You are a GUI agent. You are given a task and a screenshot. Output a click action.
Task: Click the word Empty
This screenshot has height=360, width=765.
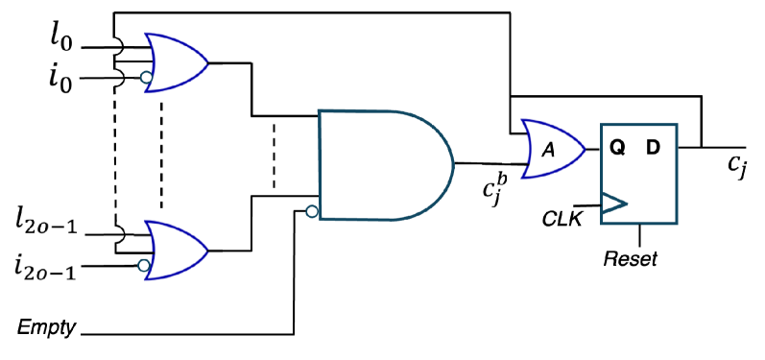pyautogui.click(x=47, y=328)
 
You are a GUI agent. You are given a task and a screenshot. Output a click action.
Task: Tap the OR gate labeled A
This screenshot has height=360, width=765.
pyautogui.click(x=551, y=149)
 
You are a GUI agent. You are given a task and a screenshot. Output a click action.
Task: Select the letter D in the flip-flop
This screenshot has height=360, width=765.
pyautogui.click(x=654, y=148)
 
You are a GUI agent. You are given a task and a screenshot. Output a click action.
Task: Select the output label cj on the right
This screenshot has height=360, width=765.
pyautogui.click(x=737, y=164)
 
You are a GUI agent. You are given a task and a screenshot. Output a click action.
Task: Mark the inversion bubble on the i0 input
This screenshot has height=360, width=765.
pyautogui.click(x=146, y=78)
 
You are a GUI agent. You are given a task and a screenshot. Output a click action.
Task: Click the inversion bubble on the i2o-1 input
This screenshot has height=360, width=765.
pyautogui.click(x=144, y=264)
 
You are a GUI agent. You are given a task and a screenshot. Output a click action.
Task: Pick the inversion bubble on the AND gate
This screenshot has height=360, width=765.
pyautogui.click(x=313, y=210)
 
